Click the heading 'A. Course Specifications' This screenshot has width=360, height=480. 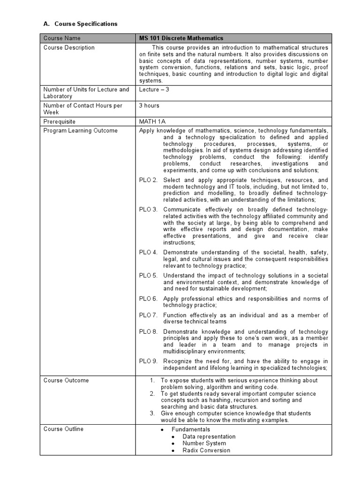[x=80, y=23]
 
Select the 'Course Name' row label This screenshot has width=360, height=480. [x=62, y=38]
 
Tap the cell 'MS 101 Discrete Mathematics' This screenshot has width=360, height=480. [x=181, y=38]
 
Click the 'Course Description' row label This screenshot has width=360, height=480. [x=69, y=47]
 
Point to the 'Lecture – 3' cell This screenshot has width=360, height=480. [x=154, y=89]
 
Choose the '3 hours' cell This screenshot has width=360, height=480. [x=149, y=105]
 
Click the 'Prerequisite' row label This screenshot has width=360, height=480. [x=60, y=121]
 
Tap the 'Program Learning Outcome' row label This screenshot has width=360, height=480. [x=80, y=130]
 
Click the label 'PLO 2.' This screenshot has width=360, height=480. [x=148, y=180]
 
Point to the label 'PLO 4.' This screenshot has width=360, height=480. [x=148, y=252]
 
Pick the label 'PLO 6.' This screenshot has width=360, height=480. [x=148, y=299]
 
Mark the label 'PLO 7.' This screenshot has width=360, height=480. [x=148, y=315]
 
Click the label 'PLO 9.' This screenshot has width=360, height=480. [x=148, y=361]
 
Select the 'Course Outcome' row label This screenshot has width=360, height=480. [x=66, y=380]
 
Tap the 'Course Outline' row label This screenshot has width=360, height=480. [x=63, y=429]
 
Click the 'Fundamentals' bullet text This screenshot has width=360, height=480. [x=190, y=429]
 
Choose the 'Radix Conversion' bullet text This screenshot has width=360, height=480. [x=206, y=450]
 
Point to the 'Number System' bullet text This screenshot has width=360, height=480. [x=204, y=443]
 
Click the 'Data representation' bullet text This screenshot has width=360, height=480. [x=209, y=436]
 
